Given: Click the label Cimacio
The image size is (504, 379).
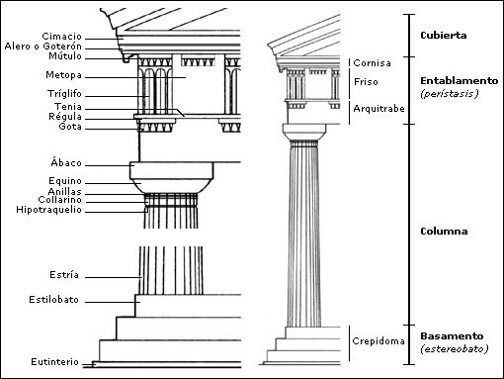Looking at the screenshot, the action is point(61,36).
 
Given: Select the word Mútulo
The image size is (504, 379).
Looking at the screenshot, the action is point(65,55).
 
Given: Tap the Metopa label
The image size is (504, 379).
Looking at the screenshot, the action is point(63,75).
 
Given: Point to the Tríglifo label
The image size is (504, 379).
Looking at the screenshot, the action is point(64,94).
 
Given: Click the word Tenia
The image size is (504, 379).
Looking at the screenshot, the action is point(68,107).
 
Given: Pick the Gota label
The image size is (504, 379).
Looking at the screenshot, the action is point(70,126).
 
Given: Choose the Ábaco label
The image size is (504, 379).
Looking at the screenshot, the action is point(66,162).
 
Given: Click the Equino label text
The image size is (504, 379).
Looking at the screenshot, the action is point(65,181).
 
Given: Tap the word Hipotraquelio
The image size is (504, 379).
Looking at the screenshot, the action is point(48,210).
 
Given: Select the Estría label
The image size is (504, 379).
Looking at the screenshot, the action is point(64,274).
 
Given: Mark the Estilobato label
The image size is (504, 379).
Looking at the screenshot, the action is point(53,300).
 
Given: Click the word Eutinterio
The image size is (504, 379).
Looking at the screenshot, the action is point(54,362).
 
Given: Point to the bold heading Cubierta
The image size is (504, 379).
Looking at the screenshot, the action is point(444,36).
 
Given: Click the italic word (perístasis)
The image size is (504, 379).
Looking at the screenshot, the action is point(450,94).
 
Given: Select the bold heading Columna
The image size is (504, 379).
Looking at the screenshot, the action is point(444,231).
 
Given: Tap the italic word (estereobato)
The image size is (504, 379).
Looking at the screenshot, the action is point(455,348).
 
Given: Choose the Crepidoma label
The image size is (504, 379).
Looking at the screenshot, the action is point(378,340).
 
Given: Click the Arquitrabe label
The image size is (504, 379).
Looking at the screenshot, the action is point(378,109).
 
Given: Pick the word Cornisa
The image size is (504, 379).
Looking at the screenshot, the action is point(372,62).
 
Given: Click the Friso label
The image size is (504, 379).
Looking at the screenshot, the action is point(366,81).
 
